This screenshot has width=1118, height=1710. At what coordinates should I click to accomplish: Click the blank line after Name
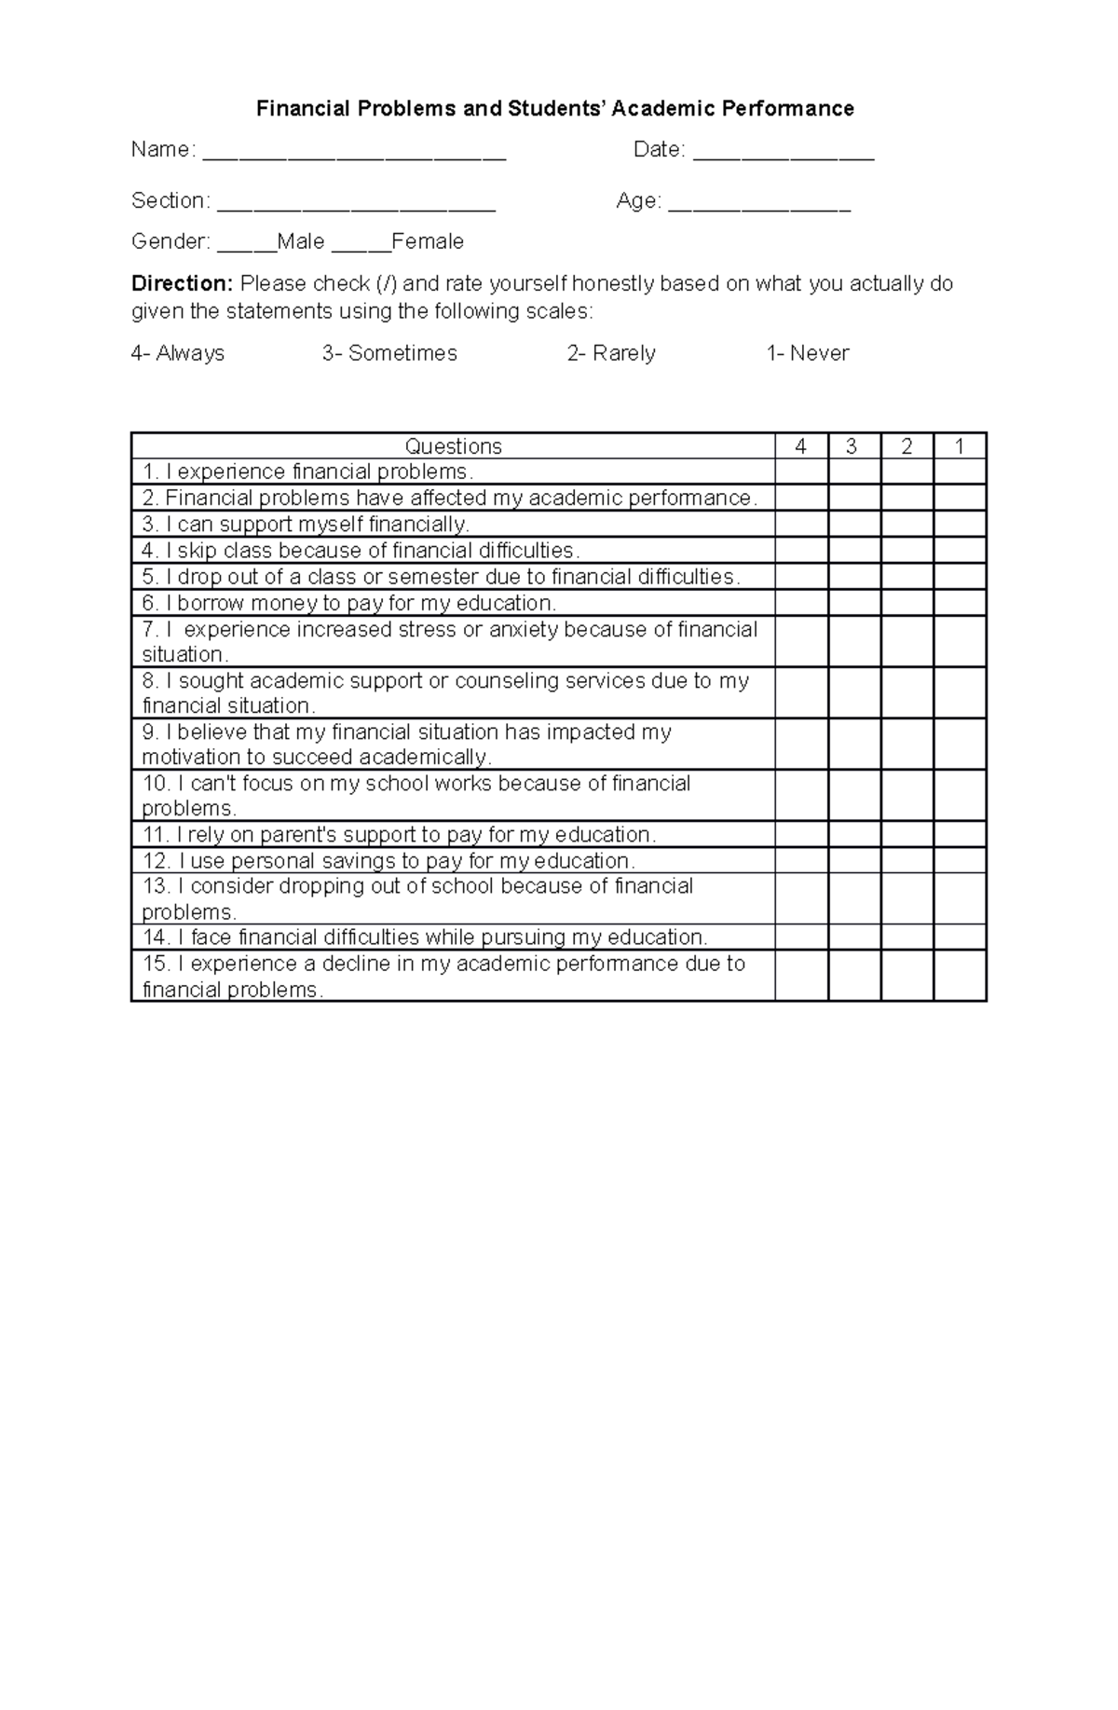[x=354, y=154]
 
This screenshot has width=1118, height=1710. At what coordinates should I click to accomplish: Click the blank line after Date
[x=784, y=154]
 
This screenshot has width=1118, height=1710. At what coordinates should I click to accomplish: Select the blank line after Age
[x=759, y=205]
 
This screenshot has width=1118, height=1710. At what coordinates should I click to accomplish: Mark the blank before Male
[x=247, y=246]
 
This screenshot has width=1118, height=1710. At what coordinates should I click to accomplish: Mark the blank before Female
[x=361, y=246]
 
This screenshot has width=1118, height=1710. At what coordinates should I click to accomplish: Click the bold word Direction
[x=182, y=283]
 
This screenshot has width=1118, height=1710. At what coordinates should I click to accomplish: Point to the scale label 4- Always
[x=178, y=353]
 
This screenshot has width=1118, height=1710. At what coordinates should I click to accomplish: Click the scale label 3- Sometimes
[x=389, y=353]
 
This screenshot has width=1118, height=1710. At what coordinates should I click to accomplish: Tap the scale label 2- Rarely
[x=611, y=353]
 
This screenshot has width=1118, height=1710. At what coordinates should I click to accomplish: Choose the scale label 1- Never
[x=808, y=353]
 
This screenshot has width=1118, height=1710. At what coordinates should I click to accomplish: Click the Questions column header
[x=454, y=446]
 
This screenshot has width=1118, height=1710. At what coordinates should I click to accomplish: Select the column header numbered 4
[x=801, y=446]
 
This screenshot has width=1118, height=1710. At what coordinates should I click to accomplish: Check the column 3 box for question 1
[x=854, y=472]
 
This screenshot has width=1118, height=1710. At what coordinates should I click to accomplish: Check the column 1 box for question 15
[x=960, y=976]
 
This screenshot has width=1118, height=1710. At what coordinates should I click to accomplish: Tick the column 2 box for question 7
[x=907, y=641]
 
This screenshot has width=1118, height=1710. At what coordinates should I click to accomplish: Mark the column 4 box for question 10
[x=801, y=795]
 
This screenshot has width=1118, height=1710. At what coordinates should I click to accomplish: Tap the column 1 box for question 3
[x=960, y=524]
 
